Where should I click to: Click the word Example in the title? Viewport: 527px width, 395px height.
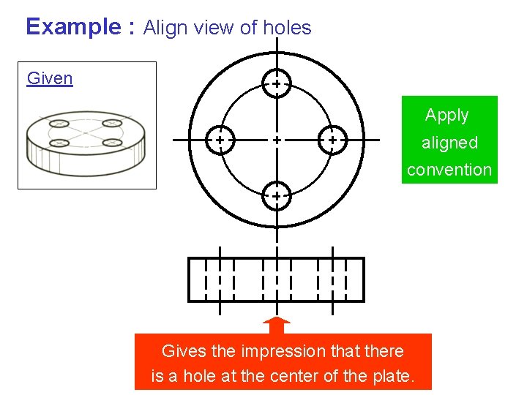click(x=73, y=27)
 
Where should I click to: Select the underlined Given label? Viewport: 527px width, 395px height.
click(x=50, y=78)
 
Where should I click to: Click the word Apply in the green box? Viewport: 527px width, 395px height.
click(x=446, y=116)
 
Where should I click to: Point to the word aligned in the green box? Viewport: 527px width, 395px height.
click(x=449, y=143)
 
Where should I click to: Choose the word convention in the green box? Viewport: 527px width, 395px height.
click(x=449, y=170)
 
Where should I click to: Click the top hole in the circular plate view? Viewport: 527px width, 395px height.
click(x=276, y=84)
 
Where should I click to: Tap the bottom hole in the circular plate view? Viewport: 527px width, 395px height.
click(x=276, y=196)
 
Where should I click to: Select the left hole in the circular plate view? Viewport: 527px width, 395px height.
click(x=220, y=139)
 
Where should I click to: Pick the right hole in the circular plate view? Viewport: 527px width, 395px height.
click(x=332, y=139)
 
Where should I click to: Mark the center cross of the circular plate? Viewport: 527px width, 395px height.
click(x=276, y=139)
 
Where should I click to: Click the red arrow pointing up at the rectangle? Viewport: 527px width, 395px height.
click(x=276, y=326)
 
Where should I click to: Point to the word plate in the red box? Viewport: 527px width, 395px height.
click(x=395, y=377)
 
